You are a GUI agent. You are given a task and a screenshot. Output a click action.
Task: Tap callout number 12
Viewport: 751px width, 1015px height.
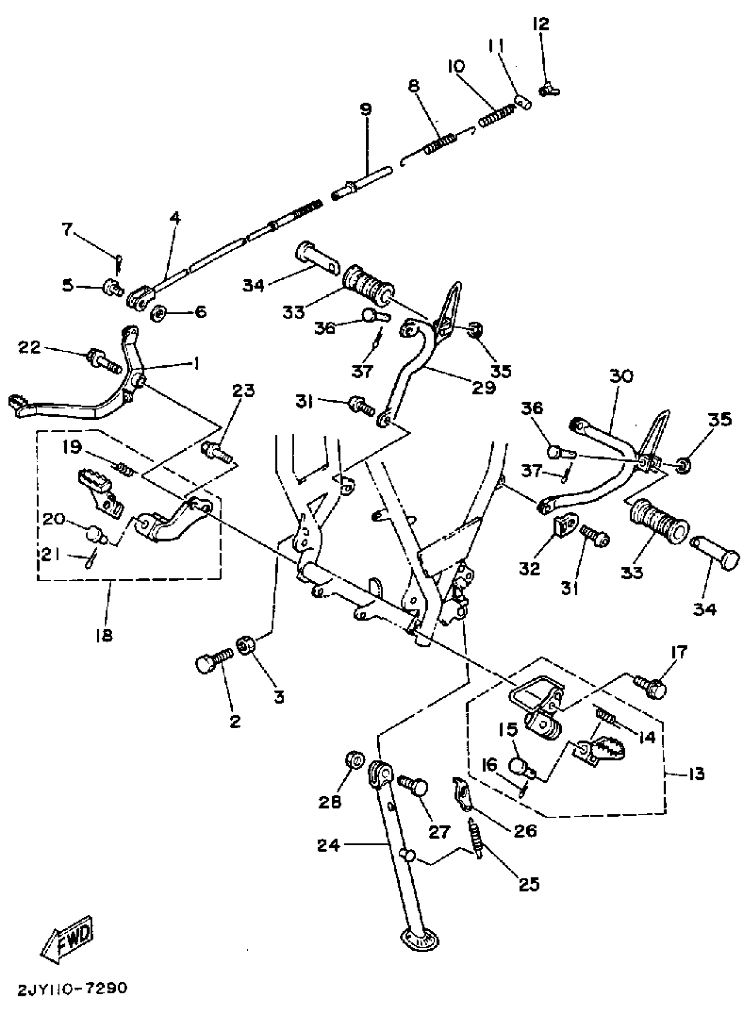[x=541, y=24]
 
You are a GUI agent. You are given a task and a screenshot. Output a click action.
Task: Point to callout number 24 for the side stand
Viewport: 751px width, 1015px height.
[x=329, y=846]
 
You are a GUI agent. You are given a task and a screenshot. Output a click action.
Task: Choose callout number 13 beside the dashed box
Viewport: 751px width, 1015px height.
[x=696, y=773]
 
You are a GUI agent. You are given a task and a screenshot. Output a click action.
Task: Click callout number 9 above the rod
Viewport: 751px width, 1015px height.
[x=365, y=110]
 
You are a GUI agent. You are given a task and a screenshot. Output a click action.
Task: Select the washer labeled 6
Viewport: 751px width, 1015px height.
[x=157, y=313]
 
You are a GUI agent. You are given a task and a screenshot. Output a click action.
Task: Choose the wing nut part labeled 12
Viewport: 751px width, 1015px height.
[x=550, y=91]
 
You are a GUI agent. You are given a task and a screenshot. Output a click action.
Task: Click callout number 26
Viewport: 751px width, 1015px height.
[x=525, y=831]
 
